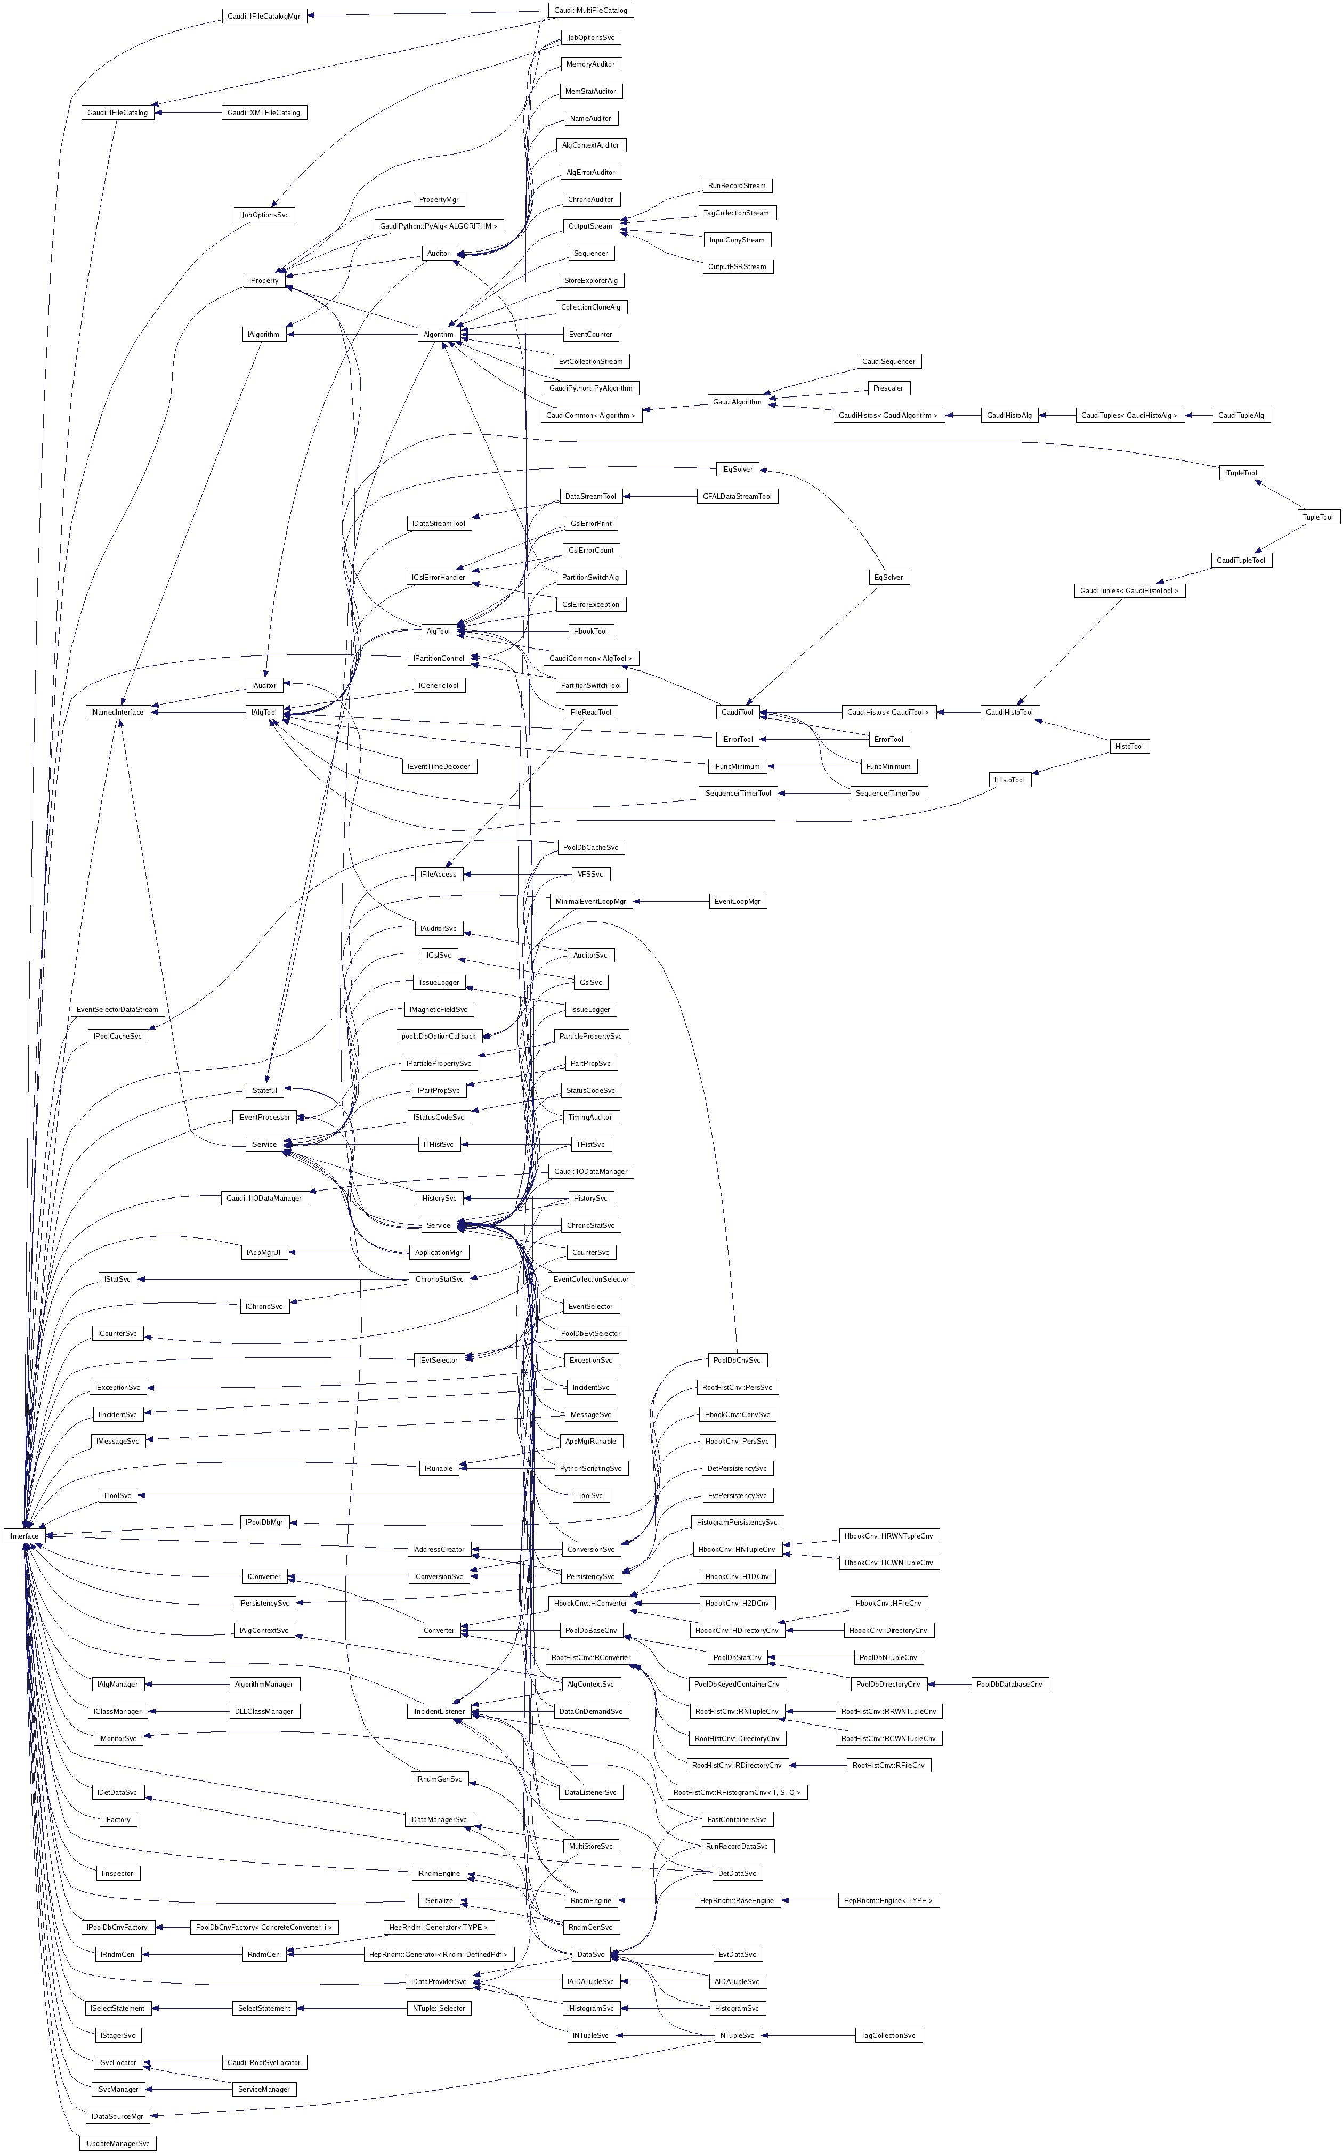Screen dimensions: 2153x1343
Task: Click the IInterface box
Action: [x=24, y=1536]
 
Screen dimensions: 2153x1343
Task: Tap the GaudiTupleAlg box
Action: [x=1241, y=415]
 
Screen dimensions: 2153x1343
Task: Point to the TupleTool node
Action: [x=1317, y=517]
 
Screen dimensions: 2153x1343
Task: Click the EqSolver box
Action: [x=888, y=577]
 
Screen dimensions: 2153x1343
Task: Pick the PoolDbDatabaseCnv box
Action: [x=1010, y=1684]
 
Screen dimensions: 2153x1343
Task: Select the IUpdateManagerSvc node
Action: [x=117, y=2143]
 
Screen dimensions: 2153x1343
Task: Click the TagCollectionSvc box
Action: [x=888, y=2035]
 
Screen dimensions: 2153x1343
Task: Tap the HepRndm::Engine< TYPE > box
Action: [x=888, y=1900]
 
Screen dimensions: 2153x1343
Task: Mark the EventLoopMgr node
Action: [x=737, y=902]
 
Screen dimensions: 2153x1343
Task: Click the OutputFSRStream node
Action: [x=737, y=266]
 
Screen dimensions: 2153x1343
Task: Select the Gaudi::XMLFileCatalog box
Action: [x=264, y=113]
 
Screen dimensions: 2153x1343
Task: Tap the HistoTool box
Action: [x=1129, y=746]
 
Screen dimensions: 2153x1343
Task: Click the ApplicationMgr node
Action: [x=438, y=1252]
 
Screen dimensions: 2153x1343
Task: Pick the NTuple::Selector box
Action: [x=439, y=2008]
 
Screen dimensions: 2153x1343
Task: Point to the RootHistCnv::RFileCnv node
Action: [x=888, y=1765]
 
